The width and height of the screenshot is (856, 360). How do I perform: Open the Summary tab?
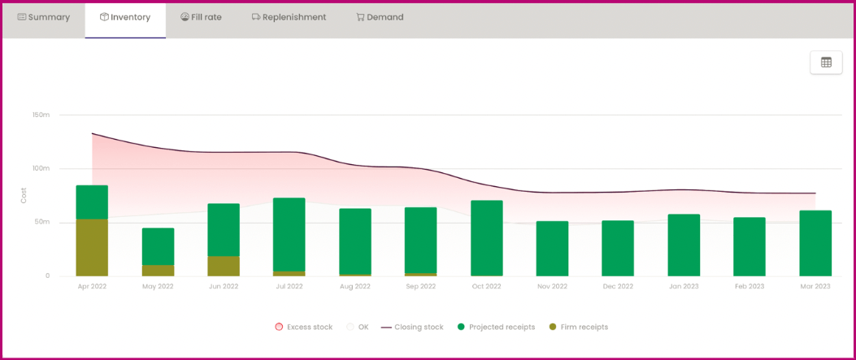pos(44,17)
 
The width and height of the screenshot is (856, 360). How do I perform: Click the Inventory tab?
pos(125,17)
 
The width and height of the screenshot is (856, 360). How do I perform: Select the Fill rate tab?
pos(201,17)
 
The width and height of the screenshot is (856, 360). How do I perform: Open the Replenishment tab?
pos(289,17)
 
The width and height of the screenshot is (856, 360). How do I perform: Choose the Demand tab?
pos(380,17)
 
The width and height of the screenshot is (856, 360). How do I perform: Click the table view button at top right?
pos(826,63)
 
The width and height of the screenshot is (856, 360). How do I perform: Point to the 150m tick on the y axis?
pos(41,115)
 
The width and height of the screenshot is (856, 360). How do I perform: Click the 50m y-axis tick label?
pos(41,222)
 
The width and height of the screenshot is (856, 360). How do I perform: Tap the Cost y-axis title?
pos(24,195)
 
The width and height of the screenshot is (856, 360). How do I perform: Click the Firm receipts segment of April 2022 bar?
pos(92,248)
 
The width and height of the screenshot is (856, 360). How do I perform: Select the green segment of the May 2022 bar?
pos(158,246)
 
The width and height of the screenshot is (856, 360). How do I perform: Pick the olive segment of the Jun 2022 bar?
pos(224,267)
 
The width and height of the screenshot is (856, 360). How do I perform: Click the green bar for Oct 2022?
pos(486,238)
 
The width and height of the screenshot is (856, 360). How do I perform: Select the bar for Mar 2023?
pos(815,244)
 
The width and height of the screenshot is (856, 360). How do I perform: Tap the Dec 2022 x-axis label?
pos(618,286)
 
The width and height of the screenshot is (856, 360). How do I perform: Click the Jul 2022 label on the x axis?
pos(289,286)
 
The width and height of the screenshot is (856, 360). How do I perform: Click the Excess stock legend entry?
pos(304,327)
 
